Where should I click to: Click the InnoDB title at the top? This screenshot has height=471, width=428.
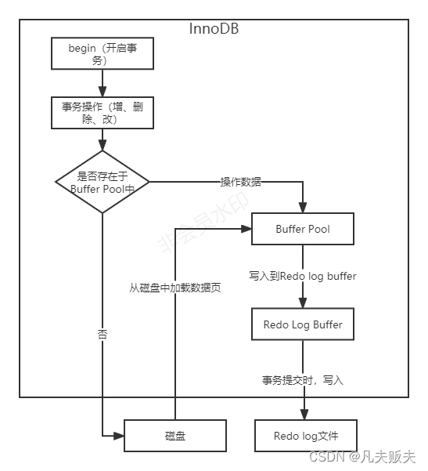click(x=214, y=28)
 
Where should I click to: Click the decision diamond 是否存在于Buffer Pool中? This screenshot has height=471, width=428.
click(x=103, y=182)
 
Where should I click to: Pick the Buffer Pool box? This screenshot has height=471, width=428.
click(x=302, y=229)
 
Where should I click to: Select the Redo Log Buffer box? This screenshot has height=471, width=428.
click(x=302, y=324)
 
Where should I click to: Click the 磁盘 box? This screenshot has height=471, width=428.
click(x=175, y=435)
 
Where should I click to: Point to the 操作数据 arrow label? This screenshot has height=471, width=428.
click(x=241, y=182)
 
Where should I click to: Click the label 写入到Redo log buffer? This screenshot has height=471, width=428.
click(x=303, y=276)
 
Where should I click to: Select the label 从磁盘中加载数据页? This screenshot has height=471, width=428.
click(x=175, y=288)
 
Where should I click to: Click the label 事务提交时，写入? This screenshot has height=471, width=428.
click(x=303, y=380)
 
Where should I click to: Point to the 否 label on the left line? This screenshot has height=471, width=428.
click(x=103, y=334)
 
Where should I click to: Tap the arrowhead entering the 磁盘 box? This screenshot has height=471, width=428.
click(x=120, y=435)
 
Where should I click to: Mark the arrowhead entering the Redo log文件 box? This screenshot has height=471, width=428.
click(x=303, y=415)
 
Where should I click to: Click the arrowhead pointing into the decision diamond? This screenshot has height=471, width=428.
click(x=103, y=146)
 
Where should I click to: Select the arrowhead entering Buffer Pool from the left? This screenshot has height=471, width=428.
click(x=246, y=229)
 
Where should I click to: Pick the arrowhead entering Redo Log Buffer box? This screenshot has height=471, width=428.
click(x=303, y=303)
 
